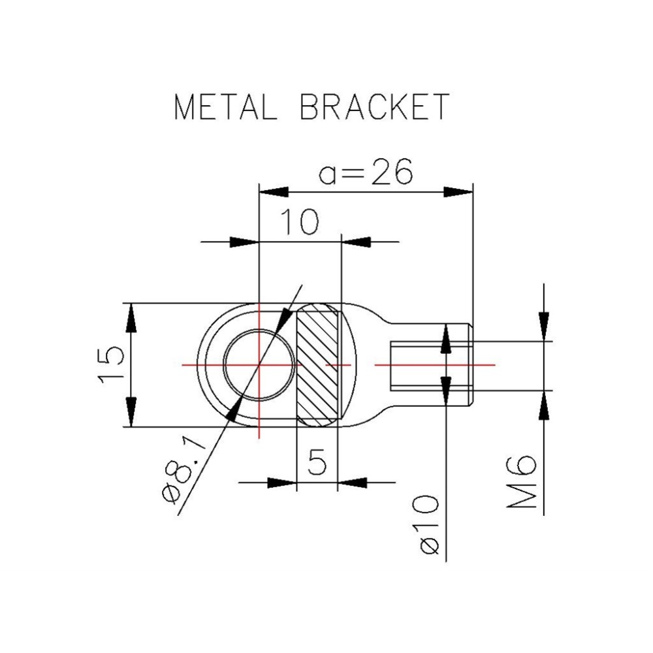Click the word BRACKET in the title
pyautogui.click(x=374, y=106)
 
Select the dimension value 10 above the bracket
pyautogui.click(x=300, y=222)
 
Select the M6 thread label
pyautogui.click(x=522, y=483)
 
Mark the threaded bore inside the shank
pyautogui.click(x=418, y=365)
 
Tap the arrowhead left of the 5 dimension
pyautogui.click(x=282, y=483)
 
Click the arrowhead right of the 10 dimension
pyautogui.click(x=357, y=242)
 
